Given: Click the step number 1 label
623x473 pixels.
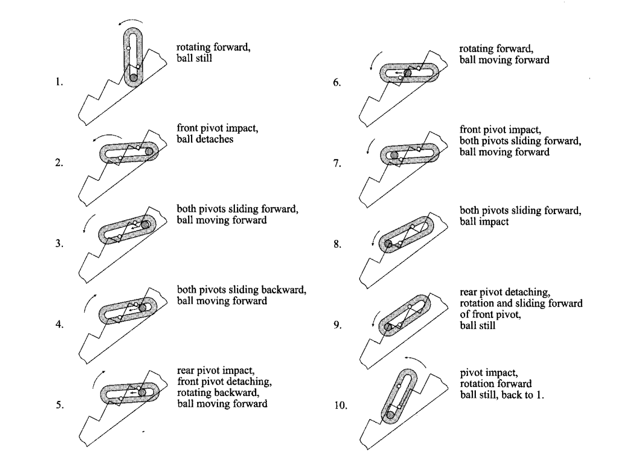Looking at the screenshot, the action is [59, 82].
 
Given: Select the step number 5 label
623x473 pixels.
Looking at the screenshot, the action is [59, 405].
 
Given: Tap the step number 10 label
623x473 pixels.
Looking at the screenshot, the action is [340, 406].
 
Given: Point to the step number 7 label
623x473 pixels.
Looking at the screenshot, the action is [337, 163].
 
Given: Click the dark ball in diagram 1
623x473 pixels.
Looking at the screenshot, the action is [134, 78].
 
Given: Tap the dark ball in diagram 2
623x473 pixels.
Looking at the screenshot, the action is [149, 151].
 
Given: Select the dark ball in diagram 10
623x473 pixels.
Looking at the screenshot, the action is [390, 415].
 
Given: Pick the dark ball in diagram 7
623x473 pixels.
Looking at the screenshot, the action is [394, 155].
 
